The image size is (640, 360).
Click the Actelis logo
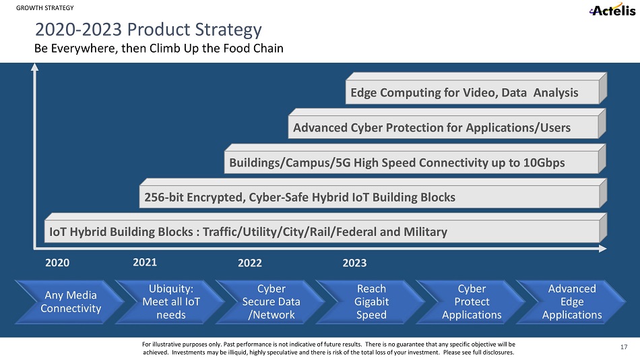[612, 9]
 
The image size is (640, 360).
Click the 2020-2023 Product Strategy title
[148, 30]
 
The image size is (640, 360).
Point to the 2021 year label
[145, 262]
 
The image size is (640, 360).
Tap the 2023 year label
[354, 263]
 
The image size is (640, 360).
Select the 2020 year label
[57, 263]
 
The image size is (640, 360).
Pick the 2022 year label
[250, 263]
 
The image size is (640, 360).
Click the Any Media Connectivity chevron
[69, 302]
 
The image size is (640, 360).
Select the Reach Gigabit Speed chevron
[371, 302]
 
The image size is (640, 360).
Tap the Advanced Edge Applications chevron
[571, 302]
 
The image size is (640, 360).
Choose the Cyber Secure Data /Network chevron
[271, 302]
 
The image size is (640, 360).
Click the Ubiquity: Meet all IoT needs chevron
[170, 302]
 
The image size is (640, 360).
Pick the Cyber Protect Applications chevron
[471, 302]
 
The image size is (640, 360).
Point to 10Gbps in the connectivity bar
[544, 163]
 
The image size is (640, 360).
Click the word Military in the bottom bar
[425, 232]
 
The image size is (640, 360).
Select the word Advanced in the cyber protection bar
[320, 128]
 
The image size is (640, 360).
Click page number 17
[624, 347]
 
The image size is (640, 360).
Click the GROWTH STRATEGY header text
[45, 8]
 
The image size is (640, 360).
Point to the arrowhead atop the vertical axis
[34, 67]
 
